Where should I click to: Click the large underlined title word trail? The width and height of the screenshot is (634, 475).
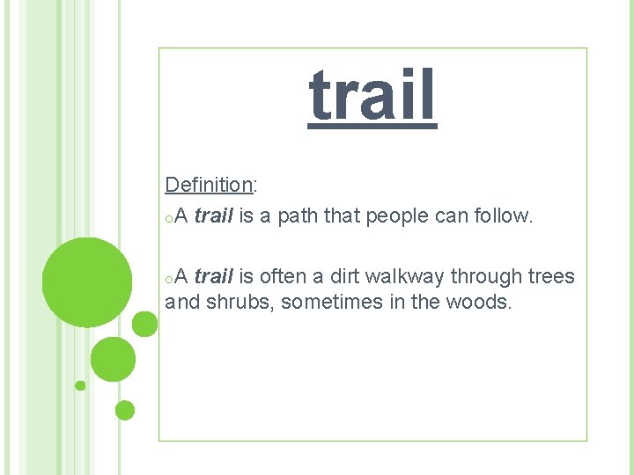tap(372, 96)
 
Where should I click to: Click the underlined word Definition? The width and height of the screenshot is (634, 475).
tap(209, 185)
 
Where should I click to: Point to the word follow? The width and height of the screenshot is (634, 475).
tap(502, 216)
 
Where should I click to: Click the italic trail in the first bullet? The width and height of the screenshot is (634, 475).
tap(213, 216)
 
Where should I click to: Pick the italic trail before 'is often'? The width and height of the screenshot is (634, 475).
tap(213, 277)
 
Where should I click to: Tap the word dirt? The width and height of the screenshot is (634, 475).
tap(345, 277)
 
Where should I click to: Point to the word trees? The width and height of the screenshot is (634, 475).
tap(551, 277)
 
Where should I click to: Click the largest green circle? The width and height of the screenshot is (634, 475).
tap(87, 281)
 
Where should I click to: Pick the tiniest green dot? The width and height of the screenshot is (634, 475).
tap(80, 385)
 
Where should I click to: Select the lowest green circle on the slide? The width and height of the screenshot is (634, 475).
tap(125, 410)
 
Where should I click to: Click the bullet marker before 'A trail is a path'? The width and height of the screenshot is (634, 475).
tap(168, 218)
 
